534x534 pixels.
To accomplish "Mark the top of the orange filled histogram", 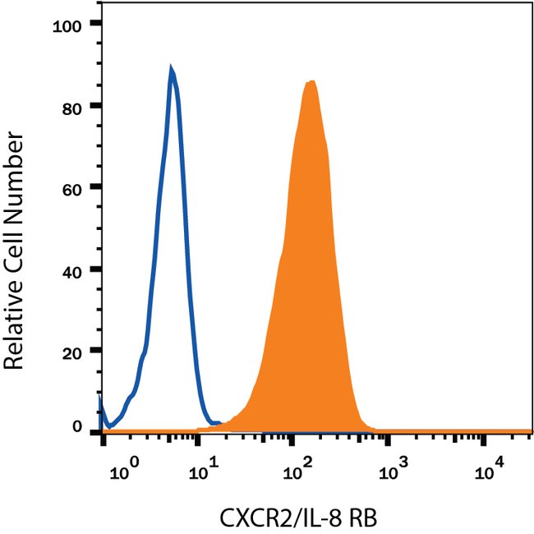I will (x=311, y=81).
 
